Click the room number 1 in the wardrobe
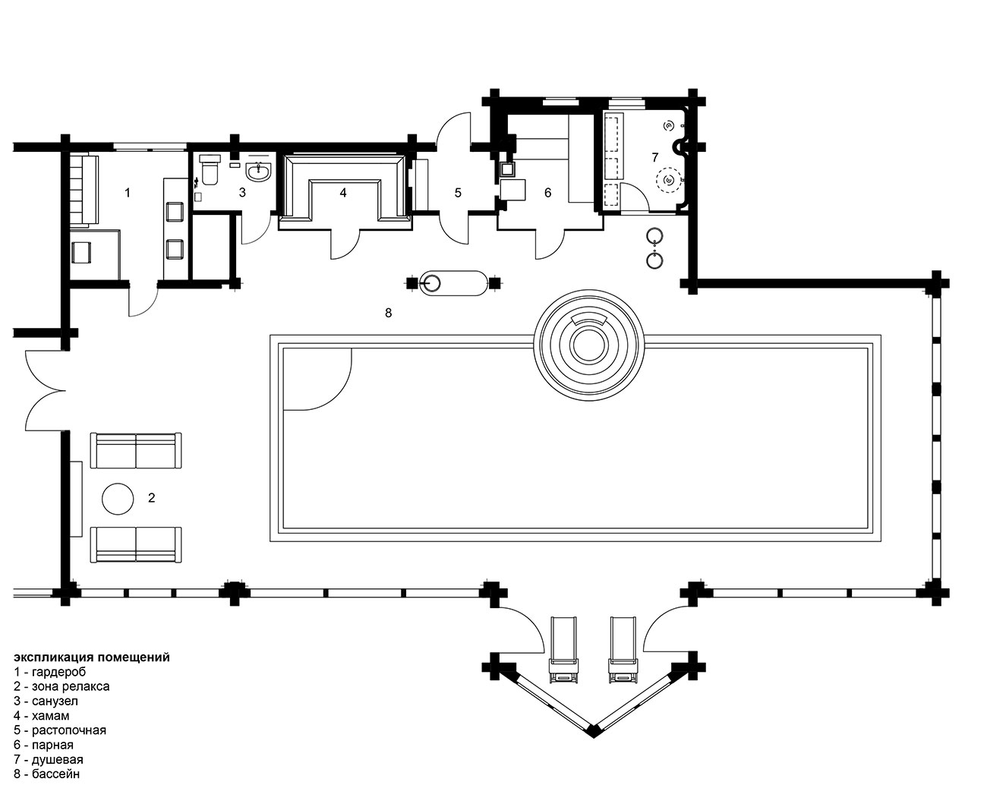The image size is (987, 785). (x=128, y=193)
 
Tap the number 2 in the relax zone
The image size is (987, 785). (x=152, y=497)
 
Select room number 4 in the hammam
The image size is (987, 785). (x=343, y=193)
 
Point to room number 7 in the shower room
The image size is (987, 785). (x=655, y=157)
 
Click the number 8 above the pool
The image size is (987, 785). (x=389, y=313)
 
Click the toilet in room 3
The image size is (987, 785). (x=210, y=170)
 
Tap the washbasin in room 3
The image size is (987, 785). (x=259, y=172)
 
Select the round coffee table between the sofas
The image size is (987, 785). (x=118, y=499)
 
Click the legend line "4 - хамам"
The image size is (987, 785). (x=42, y=715)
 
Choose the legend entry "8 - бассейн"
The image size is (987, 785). (x=47, y=774)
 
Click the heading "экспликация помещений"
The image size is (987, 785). (x=92, y=657)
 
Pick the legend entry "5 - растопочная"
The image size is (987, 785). (x=60, y=730)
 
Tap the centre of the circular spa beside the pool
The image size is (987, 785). (x=589, y=345)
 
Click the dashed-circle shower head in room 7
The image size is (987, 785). (x=669, y=180)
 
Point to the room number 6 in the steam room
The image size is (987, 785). (x=547, y=193)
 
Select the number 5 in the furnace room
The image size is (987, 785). (x=458, y=193)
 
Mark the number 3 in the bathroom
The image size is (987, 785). (x=242, y=193)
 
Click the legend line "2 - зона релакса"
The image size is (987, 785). (x=62, y=686)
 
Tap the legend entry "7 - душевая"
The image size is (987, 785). (x=49, y=759)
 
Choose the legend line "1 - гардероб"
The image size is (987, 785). (x=50, y=672)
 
